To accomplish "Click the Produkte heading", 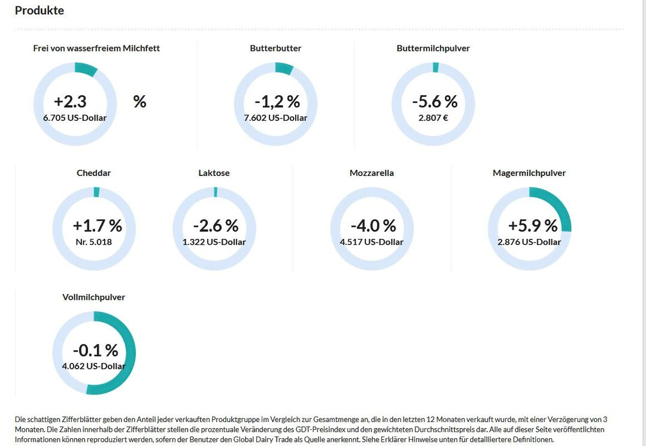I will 39,11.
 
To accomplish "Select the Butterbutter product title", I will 275,48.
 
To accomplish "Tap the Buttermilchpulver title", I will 433,48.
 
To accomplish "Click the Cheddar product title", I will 93,173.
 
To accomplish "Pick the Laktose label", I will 214,173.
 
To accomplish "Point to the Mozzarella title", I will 371,173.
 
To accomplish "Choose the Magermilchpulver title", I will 529,173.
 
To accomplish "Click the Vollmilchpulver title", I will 93,297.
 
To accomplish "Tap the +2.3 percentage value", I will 70,101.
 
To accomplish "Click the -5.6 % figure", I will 434,101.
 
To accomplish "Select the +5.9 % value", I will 532,226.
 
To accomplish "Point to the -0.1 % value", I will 95,350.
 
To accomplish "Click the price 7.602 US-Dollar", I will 275,118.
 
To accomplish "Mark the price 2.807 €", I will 433,118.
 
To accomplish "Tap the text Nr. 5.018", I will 93,242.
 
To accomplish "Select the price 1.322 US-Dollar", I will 214,242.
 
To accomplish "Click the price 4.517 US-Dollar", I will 371,242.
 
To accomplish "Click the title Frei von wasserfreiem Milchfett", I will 96,48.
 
